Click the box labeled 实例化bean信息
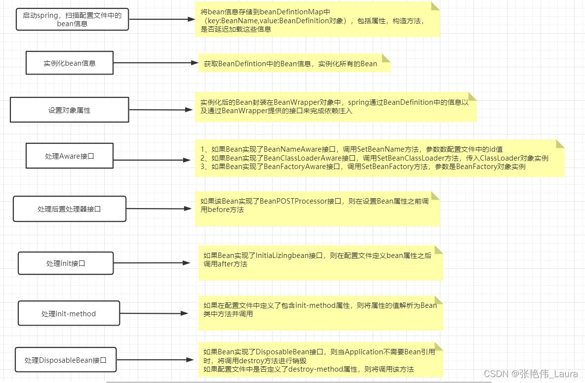point(70,63)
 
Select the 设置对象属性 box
point(70,110)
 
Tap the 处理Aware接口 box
point(70,156)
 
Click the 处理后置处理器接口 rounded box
point(70,209)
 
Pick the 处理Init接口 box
point(66,263)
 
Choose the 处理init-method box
point(69,314)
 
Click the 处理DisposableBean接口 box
point(66,360)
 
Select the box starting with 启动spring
point(72,19)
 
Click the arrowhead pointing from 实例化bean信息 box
point(195,63)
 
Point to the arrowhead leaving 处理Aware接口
point(187,160)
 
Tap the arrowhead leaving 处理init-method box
point(185,313)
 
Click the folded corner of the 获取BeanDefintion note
point(386,58)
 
